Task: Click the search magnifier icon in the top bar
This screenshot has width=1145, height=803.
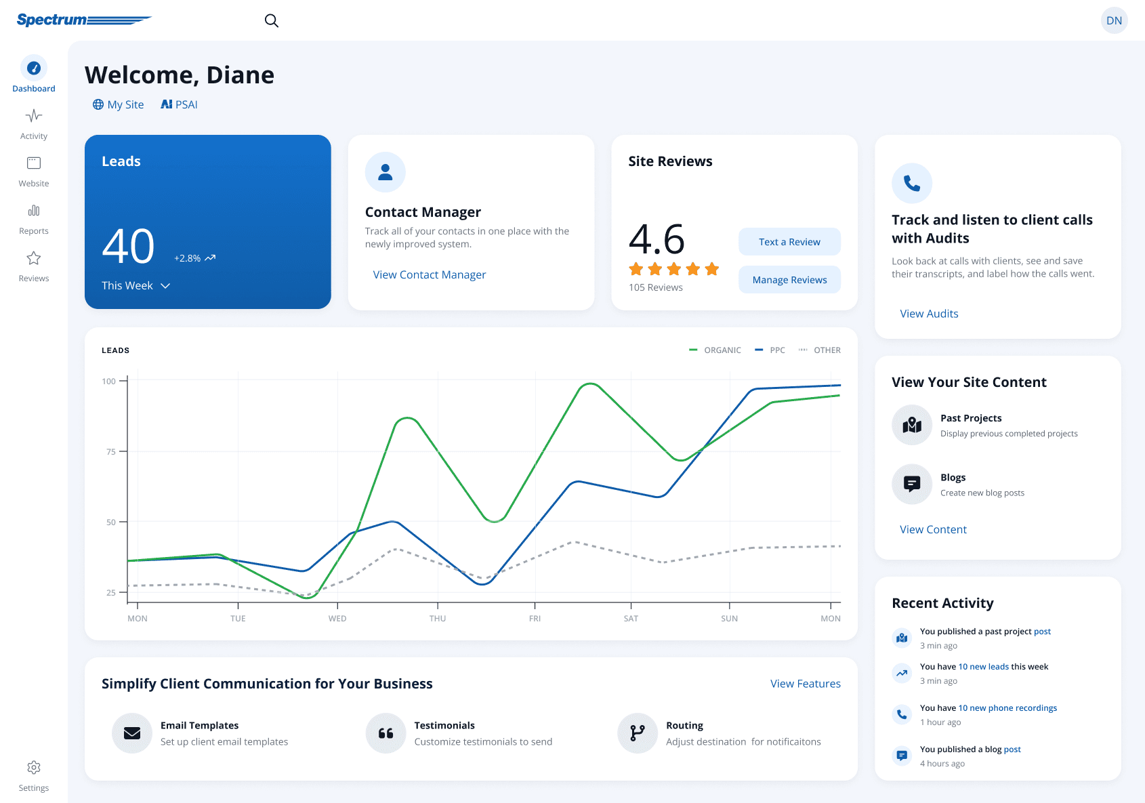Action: pyautogui.click(x=272, y=20)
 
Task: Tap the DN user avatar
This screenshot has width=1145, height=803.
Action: pyautogui.click(x=1114, y=20)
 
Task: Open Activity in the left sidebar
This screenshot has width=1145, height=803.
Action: pyautogui.click(x=34, y=124)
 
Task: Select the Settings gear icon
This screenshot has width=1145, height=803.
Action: pyautogui.click(x=34, y=767)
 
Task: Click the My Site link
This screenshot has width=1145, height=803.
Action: pyautogui.click(x=118, y=104)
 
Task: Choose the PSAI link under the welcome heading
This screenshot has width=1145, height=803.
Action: pyautogui.click(x=179, y=104)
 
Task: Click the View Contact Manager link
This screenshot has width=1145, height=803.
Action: pyautogui.click(x=430, y=274)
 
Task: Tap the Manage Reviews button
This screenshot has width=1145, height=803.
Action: pyautogui.click(x=789, y=280)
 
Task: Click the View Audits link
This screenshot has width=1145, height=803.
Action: pyautogui.click(x=929, y=313)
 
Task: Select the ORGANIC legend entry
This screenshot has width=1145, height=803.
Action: pyautogui.click(x=715, y=350)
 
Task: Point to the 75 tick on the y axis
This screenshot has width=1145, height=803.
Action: pyautogui.click(x=122, y=451)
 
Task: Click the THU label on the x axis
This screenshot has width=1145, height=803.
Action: pyautogui.click(x=438, y=619)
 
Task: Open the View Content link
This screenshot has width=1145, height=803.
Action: pyautogui.click(x=933, y=529)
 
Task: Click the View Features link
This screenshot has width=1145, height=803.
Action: pyautogui.click(x=805, y=683)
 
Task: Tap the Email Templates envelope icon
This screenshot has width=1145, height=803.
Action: pyautogui.click(x=132, y=733)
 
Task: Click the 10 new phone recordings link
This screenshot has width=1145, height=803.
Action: pyautogui.click(x=1007, y=708)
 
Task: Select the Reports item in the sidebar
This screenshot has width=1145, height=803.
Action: pyautogui.click(x=34, y=220)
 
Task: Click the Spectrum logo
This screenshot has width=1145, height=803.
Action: pyautogui.click(x=84, y=20)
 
